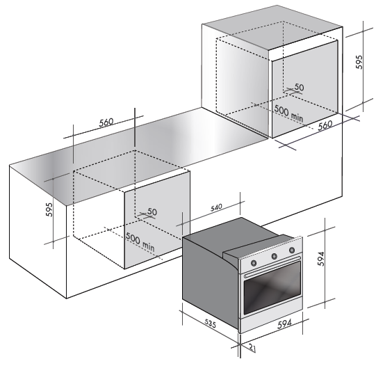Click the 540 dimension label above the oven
(x=217, y=207)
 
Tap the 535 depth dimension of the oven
(x=211, y=323)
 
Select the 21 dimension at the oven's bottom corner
(x=252, y=348)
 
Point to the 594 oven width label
(x=285, y=324)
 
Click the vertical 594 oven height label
(x=321, y=259)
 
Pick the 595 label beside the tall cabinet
(x=359, y=62)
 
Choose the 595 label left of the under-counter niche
(x=49, y=209)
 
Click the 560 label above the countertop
(x=106, y=122)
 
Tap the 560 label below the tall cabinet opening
(x=325, y=125)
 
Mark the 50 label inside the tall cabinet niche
(x=299, y=87)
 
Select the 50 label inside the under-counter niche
(x=152, y=212)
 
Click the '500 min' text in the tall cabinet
(x=288, y=113)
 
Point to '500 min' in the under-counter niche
(x=140, y=241)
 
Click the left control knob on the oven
(x=254, y=263)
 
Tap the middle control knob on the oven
(x=275, y=256)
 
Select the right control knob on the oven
(x=292, y=250)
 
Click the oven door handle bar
(x=272, y=266)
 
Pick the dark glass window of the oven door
(x=272, y=288)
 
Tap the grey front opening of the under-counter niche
(x=157, y=220)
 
